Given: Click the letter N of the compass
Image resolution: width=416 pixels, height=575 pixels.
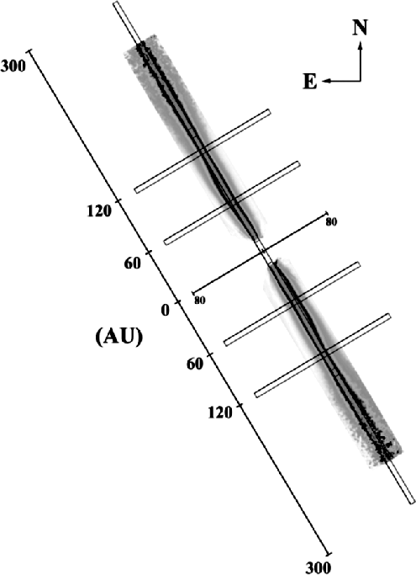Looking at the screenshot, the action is [361, 28].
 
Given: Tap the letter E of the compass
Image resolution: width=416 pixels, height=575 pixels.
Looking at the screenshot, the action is [309, 82].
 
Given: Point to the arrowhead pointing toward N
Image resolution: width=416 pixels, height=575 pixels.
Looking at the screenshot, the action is [361, 45].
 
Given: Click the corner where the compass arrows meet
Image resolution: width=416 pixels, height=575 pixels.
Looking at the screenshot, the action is [361, 81].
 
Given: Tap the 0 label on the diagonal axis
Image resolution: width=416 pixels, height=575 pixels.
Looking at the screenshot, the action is [166, 311].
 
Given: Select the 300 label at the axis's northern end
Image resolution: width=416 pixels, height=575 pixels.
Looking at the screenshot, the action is [13, 66].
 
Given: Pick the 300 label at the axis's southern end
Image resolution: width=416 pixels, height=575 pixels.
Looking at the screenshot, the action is [319, 567].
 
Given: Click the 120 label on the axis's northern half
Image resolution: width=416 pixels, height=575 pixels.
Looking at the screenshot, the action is [99, 210].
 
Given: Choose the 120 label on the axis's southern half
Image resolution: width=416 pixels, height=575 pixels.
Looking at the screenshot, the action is [220, 413].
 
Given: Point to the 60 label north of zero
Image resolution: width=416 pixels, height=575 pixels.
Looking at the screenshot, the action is [132, 263].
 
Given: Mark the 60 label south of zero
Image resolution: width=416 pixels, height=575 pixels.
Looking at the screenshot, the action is [194, 365].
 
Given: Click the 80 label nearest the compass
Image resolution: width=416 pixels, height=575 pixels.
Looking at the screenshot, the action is [331, 222].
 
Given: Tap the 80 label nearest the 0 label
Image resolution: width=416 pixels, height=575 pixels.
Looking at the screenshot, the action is [200, 301].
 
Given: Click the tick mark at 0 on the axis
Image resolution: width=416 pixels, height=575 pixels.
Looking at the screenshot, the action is [178, 302].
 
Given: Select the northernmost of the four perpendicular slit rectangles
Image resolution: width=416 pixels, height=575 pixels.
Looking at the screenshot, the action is [203, 151].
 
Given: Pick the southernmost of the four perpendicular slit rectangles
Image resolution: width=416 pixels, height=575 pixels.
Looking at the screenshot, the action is [322, 355].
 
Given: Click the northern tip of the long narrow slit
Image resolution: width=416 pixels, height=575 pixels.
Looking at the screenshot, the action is [116, 3].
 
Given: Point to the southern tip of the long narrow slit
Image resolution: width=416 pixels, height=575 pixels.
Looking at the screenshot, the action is [412, 502].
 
